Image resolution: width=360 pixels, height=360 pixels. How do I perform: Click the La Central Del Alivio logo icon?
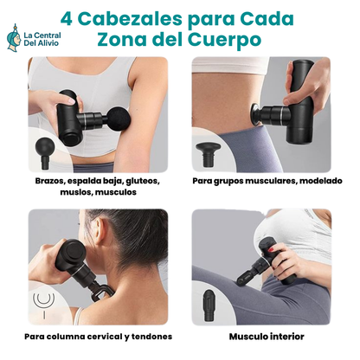[15, 35]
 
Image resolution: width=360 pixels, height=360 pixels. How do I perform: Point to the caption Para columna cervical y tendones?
[98, 336]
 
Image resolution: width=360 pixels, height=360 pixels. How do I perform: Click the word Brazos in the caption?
[50, 182]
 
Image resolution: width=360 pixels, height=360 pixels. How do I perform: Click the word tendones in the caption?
[151, 336]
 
